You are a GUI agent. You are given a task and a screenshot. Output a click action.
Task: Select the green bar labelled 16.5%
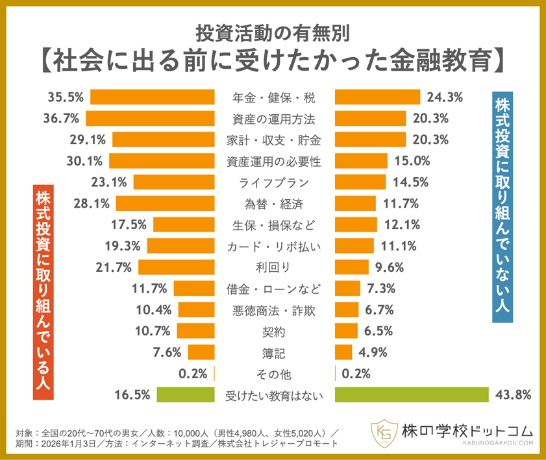tap(188, 394)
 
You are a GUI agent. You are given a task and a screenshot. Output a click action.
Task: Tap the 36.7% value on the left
tap(64, 119)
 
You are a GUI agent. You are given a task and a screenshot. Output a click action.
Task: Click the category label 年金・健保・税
tap(273, 98)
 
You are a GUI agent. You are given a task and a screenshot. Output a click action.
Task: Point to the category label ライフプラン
tap(273, 182)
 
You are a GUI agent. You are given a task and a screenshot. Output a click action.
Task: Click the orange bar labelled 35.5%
tap(153, 98)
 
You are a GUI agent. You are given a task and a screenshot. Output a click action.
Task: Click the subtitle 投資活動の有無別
tap(273, 30)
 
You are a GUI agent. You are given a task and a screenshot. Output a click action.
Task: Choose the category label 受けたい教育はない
tap(273, 394)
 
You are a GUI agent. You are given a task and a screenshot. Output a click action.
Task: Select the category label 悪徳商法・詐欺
tap(273, 309)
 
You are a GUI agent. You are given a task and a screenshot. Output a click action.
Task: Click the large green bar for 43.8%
tap(411, 394)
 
